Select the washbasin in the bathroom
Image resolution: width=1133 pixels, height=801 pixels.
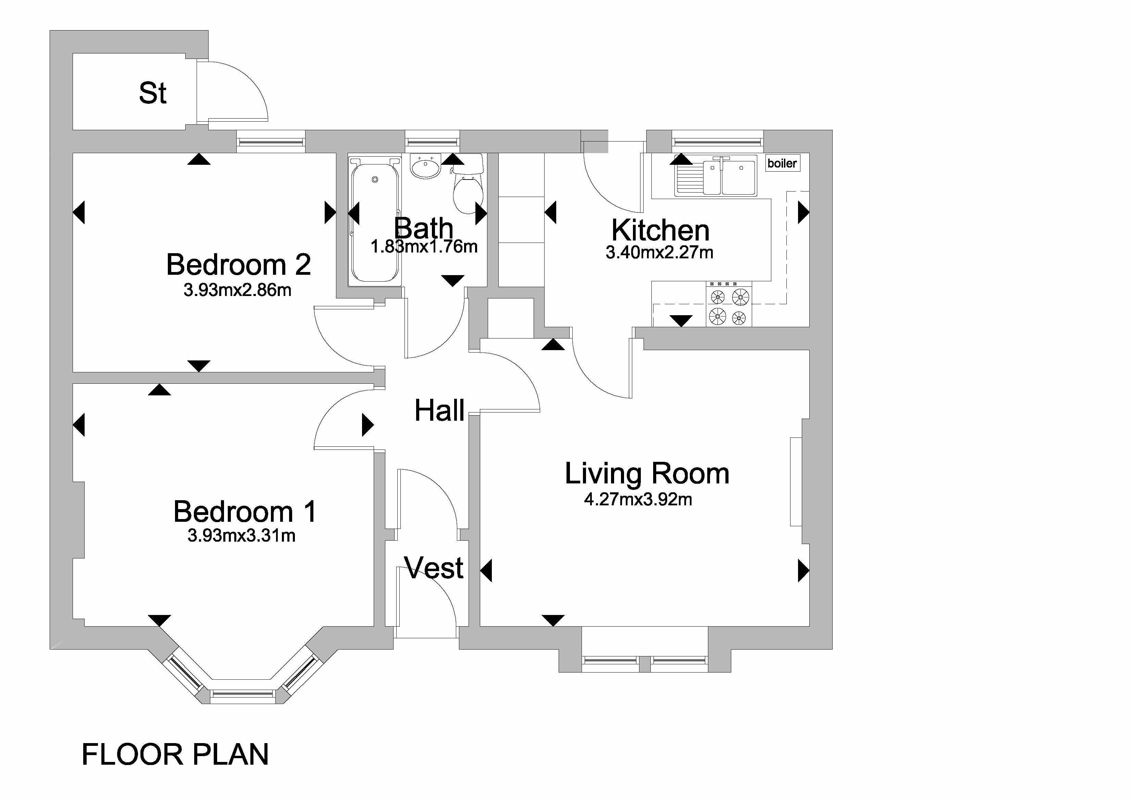pyautogui.click(x=425, y=166)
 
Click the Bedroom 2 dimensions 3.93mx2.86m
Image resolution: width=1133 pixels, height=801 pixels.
pyautogui.click(x=237, y=290)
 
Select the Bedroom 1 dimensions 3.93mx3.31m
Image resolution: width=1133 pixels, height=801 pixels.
pyautogui.click(x=241, y=535)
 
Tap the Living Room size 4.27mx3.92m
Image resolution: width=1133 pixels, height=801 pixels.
pyautogui.click(x=638, y=500)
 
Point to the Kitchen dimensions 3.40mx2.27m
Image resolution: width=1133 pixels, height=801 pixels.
pyautogui.click(x=659, y=253)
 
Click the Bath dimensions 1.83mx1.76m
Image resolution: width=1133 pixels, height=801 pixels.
pyautogui.click(x=424, y=246)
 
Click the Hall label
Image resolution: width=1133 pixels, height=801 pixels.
pyautogui.click(x=439, y=411)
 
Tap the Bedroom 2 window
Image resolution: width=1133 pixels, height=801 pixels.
pyautogui.click(x=271, y=141)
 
